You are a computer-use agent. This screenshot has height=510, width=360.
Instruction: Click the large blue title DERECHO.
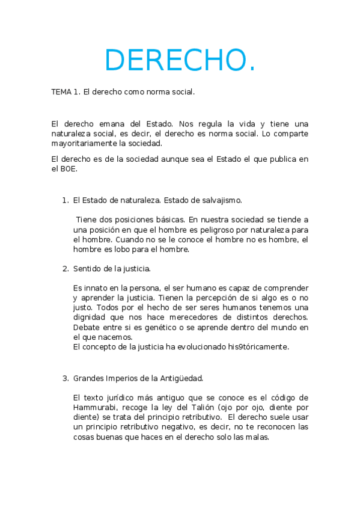coord(180,60)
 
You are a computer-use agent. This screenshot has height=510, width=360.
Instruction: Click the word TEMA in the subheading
coord(61,93)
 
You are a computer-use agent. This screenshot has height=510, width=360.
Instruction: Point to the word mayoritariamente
coord(83,144)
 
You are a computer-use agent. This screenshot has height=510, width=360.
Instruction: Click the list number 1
coord(65,200)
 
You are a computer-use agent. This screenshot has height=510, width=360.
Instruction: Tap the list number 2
coord(65,268)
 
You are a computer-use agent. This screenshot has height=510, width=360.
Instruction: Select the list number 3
coord(65,378)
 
